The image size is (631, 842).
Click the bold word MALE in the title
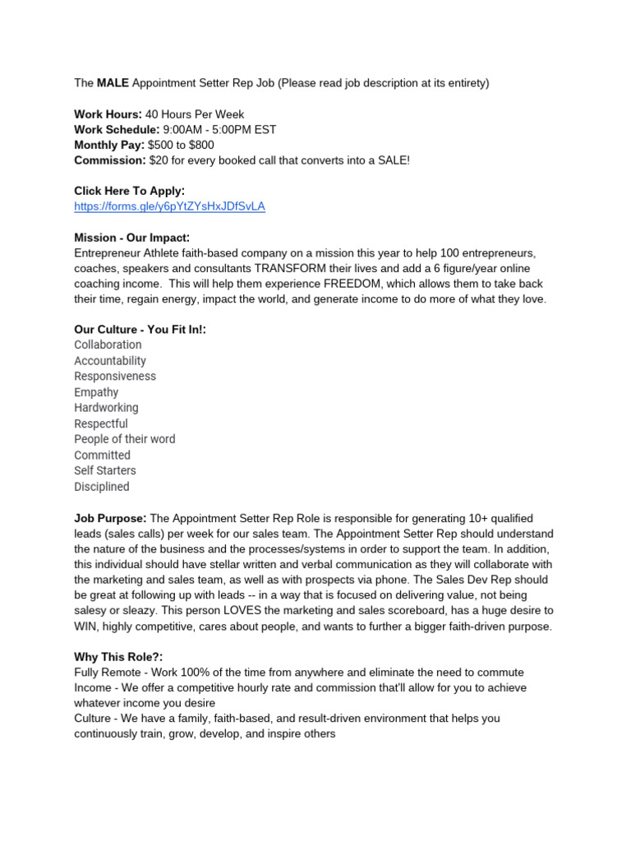[x=113, y=83]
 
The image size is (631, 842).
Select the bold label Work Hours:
[x=108, y=114]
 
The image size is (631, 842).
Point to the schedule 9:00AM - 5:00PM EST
[x=219, y=130]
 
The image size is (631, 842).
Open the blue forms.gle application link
[x=169, y=206]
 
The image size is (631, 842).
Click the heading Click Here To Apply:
[x=129, y=191]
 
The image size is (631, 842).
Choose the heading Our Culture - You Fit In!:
[x=140, y=330]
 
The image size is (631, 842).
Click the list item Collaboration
[x=108, y=345]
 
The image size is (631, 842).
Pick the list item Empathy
[x=96, y=392]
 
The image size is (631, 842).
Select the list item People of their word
[x=124, y=439]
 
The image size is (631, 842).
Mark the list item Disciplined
[x=102, y=487]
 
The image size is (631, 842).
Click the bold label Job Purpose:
[x=110, y=518]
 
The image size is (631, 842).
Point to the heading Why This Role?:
[x=117, y=657]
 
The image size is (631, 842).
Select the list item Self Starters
[x=105, y=471]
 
